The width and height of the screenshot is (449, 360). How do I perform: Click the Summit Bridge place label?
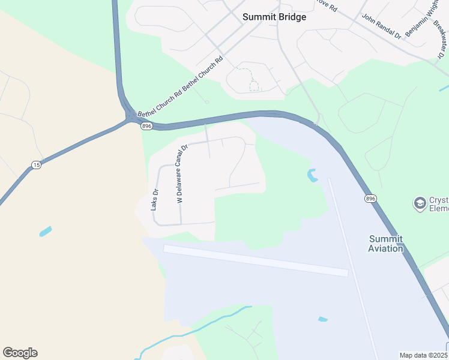point(274,17)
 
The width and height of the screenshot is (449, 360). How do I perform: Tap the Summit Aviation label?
point(385,244)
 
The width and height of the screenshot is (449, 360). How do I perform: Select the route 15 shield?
point(37,165)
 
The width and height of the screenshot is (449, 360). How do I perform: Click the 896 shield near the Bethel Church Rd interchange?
point(147,126)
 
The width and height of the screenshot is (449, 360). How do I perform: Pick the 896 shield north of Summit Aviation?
point(371,199)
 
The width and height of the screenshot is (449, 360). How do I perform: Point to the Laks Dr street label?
point(154,199)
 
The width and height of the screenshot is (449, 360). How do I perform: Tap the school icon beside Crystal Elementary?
point(420,203)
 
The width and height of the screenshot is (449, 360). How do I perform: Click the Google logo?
point(20,353)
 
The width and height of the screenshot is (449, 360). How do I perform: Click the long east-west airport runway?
point(255,260)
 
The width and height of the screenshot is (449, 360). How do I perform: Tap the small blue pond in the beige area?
point(45,232)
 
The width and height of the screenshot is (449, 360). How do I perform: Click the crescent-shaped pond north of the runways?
point(312,176)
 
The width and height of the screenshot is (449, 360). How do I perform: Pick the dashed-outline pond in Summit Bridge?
point(249,79)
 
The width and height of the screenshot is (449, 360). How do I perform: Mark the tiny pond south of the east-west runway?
point(323,319)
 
